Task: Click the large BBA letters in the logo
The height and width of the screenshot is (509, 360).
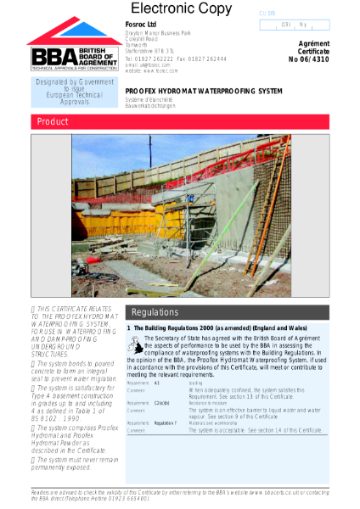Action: pyautogui.click(x=44, y=56)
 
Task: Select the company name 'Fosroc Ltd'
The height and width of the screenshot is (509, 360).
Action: pyautogui.click(x=141, y=25)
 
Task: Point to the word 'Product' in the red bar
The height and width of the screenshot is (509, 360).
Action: pyautogui.click(x=53, y=122)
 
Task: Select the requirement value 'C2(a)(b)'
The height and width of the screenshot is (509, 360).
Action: pyautogui.click(x=162, y=403)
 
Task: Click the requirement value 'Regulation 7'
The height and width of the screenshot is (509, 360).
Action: pyautogui.click(x=165, y=422)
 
